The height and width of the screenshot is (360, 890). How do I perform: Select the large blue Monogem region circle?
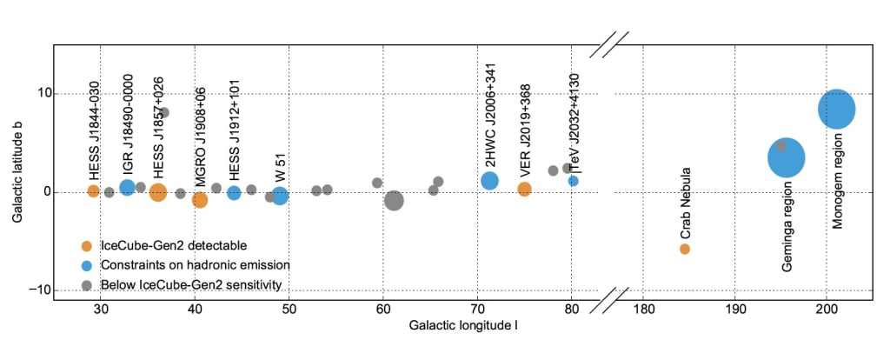(836, 109)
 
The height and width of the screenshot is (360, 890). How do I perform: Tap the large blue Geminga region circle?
(787, 158)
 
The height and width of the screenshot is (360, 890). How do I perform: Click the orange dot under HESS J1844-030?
(93, 191)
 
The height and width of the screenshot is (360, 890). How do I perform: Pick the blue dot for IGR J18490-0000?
(127, 187)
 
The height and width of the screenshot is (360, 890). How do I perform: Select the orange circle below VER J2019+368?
(524, 189)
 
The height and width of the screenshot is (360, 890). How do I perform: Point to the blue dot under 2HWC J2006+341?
(489, 181)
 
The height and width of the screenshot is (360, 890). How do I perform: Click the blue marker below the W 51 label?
(280, 197)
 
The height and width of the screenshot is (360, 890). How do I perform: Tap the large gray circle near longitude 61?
(394, 201)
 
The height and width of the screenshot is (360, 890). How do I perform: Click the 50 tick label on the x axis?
(289, 310)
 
